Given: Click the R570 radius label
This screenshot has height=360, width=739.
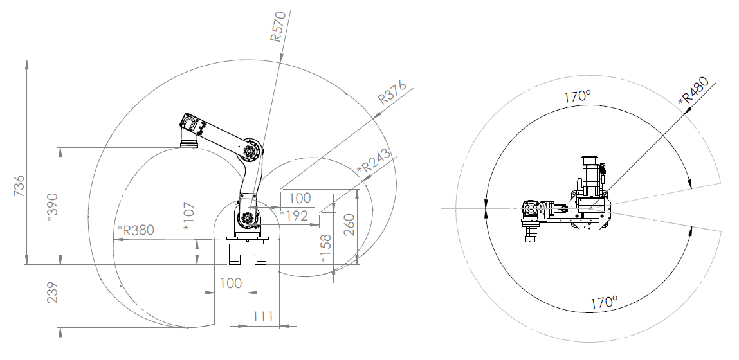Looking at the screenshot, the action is (278, 26).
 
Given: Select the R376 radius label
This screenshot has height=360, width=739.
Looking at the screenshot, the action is (392, 92).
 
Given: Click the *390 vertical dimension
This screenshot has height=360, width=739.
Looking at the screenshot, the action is (53, 208).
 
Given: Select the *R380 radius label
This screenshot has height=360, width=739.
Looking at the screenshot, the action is (135, 230).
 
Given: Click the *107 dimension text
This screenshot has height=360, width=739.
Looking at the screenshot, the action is (189, 216).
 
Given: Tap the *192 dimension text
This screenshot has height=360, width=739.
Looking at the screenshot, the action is (294, 216).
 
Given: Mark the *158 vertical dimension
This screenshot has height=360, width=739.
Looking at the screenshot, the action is (325, 249).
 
